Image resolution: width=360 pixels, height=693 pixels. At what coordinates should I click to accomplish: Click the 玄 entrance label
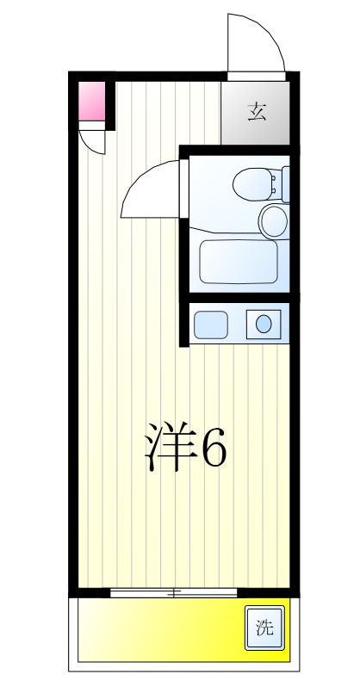(x=255, y=113)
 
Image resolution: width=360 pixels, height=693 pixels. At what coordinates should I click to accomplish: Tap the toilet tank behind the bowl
(x=276, y=183)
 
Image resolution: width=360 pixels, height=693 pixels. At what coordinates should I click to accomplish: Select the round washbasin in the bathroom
(x=274, y=220)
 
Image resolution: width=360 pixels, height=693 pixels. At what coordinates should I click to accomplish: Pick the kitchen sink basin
(x=210, y=325)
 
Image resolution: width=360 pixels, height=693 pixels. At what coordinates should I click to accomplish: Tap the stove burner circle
(x=263, y=325)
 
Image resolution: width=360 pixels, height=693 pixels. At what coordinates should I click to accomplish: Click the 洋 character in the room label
(x=169, y=446)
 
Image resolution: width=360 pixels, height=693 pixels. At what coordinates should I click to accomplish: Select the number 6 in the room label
(x=214, y=446)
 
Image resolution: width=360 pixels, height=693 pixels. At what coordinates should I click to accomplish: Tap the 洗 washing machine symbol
(x=263, y=628)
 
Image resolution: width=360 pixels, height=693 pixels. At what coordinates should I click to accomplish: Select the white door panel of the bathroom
(x=184, y=186)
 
